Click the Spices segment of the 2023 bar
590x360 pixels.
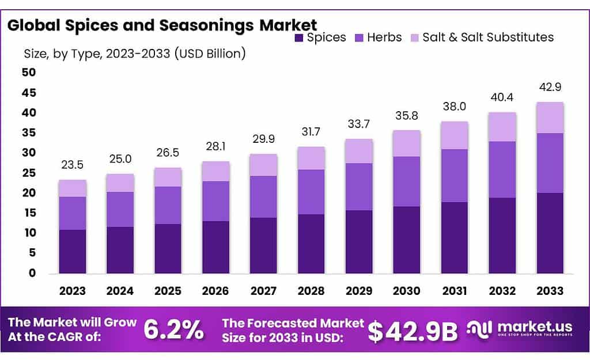[73, 251]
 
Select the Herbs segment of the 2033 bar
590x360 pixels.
[550, 163]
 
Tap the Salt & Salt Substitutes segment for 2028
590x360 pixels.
[311, 158]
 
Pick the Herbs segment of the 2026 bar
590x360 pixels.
[215, 201]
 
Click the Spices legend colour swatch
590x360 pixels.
[298, 38]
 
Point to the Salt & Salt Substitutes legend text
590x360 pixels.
[487, 37]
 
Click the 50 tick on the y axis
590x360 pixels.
[29, 73]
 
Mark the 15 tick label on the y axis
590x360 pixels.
[29, 213]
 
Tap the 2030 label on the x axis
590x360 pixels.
[407, 291]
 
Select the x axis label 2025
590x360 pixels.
[168, 291]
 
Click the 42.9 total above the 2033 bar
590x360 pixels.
[550, 88]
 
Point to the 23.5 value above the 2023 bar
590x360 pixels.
[73, 165]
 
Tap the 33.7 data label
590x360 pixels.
[359, 124]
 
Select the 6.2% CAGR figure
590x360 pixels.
[173, 330]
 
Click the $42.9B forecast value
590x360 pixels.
[413, 331]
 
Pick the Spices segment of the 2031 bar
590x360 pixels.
[455, 237]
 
